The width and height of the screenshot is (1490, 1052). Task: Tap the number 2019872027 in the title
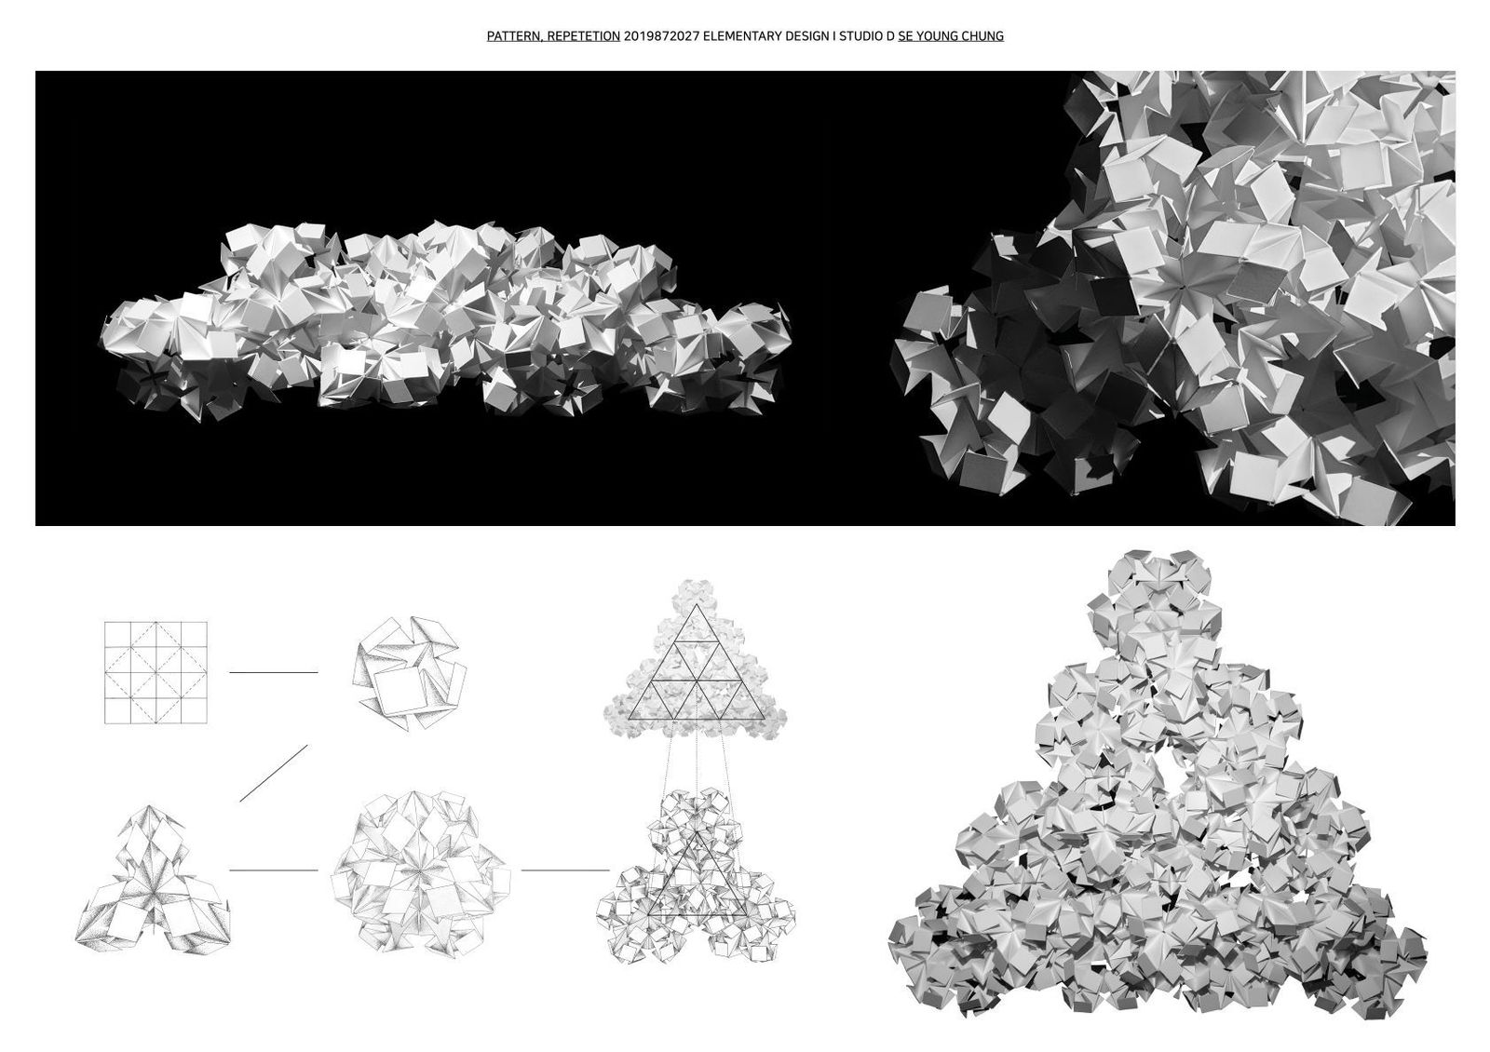tap(661, 36)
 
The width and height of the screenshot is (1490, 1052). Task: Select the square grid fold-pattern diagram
tap(156, 672)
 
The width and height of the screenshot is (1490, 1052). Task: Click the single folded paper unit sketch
tap(409, 673)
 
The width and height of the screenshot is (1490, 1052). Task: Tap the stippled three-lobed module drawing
tap(153, 879)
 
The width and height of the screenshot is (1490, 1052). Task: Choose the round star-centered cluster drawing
tap(420, 874)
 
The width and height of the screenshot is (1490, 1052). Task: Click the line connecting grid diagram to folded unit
tap(274, 672)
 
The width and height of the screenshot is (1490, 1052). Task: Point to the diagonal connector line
tap(274, 773)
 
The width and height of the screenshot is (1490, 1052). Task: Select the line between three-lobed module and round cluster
tap(274, 870)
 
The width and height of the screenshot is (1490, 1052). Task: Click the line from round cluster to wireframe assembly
tap(564, 870)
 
